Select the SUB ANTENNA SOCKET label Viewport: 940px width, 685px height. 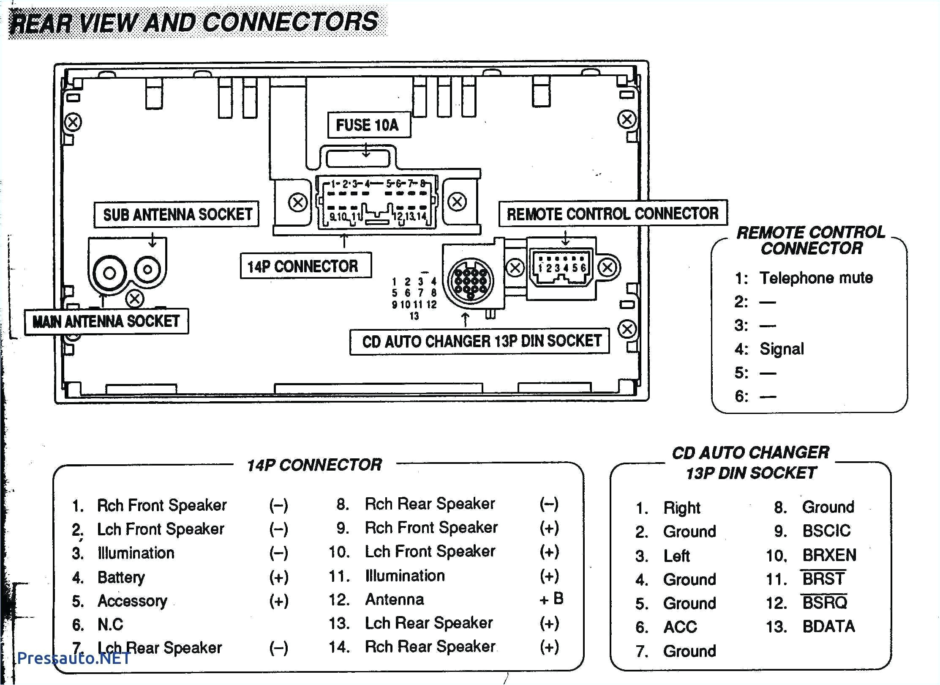(x=177, y=214)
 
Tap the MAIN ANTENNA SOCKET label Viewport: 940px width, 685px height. (x=106, y=321)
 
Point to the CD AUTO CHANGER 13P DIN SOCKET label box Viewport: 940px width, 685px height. (x=480, y=341)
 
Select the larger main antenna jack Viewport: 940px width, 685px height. (x=109, y=273)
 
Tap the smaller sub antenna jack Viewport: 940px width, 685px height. (x=148, y=269)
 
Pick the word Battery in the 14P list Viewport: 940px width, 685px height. (x=121, y=577)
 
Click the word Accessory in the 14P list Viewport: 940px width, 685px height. (x=132, y=601)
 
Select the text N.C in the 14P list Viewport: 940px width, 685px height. (x=110, y=625)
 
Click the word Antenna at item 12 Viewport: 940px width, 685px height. (x=395, y=599)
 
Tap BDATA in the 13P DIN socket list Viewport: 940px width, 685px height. (x=828, y=626)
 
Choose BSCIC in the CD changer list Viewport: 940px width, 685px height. (x=826, y=531)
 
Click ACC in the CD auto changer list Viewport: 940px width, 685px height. (x=680, y=627)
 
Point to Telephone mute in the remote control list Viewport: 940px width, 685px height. (x=816, y=278)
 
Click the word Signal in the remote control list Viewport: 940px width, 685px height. (x=782, y=349)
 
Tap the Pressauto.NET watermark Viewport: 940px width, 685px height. (x=74, y=658)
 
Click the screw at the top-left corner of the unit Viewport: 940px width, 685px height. (x=73, y=123)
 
